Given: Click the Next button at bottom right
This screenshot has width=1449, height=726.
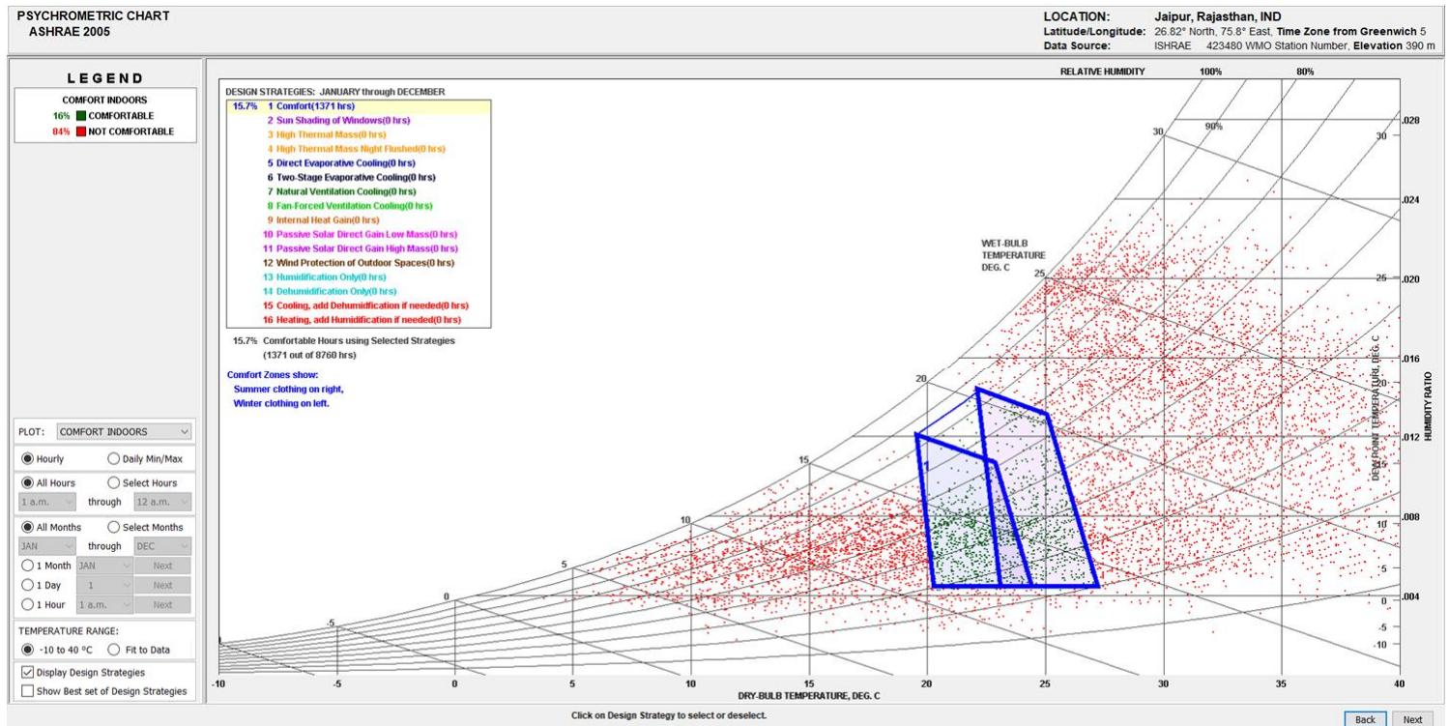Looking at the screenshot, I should pyautogui.click(x=1412, y=719).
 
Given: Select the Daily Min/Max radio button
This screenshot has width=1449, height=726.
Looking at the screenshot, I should pyautogui.click(x=116, y=458).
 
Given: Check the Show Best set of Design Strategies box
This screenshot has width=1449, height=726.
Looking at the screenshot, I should pyautogui.click(x=27, y=690).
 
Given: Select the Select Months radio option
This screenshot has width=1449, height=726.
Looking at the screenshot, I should pyautogui.click(x=116, y=527).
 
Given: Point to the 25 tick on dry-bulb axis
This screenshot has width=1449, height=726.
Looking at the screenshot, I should pyautogui.click(x=1045, y=683).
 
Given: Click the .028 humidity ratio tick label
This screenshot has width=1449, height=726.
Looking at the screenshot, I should pyautogui.click(x=1411, y=121).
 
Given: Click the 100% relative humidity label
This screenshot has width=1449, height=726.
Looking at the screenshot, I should pyautogui.click(x=1210, y=72).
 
